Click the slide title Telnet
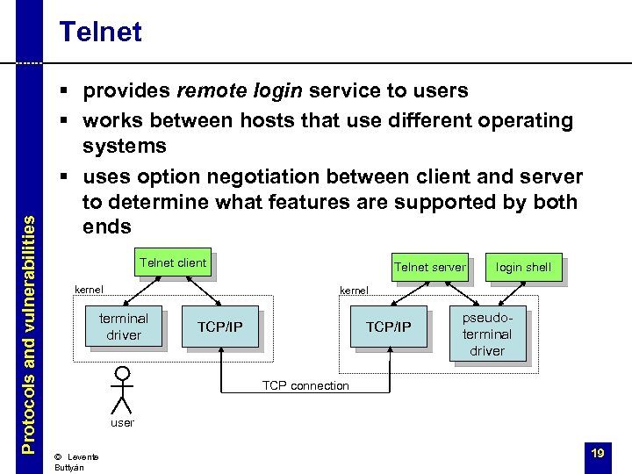pos(99,32)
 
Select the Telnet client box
pos(172,263)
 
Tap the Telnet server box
pos(429,267)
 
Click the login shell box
pos(523,267)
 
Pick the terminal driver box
pos(124,326)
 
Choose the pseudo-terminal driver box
pos(487,334)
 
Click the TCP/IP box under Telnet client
pos(219,327)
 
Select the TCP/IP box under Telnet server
pos(388,327)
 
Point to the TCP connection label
pos(305,385)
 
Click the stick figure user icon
pos(121,389)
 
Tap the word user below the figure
pos(122,423)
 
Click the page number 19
pos(598,453)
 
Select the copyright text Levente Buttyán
pos(75,462)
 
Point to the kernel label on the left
pos(89,290)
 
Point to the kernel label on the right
pos(354,290)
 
